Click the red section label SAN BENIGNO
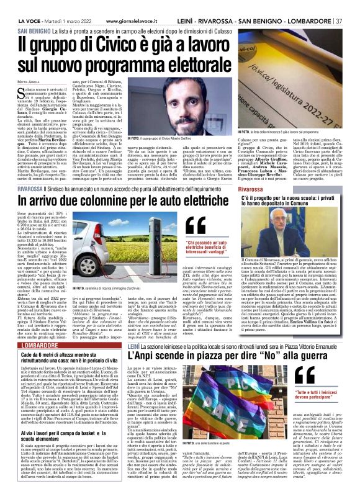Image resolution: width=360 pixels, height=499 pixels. pos(30,30)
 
